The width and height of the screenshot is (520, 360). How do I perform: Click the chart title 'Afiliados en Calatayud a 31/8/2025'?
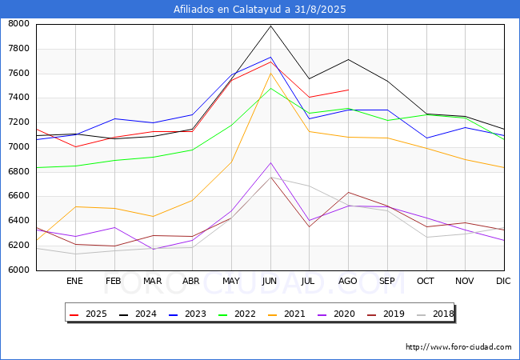point(260,9)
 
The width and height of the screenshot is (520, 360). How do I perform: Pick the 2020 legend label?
point(345,314)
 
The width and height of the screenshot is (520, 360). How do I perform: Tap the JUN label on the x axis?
point(270,281)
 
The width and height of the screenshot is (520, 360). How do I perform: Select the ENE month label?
point(74,281)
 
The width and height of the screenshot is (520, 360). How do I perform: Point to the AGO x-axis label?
point(348,281)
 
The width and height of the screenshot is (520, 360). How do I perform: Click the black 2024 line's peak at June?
point(270,26)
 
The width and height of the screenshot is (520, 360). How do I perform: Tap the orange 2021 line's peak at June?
point(270,73)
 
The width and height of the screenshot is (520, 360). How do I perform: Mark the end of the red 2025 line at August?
point(348,90)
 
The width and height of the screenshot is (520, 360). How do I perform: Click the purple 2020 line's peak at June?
point(270,162)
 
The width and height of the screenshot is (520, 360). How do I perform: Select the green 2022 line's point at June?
point(270,88)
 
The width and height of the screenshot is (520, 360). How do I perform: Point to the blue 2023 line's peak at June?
point(270,57)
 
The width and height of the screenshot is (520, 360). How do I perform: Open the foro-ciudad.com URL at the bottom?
point(458,347)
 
